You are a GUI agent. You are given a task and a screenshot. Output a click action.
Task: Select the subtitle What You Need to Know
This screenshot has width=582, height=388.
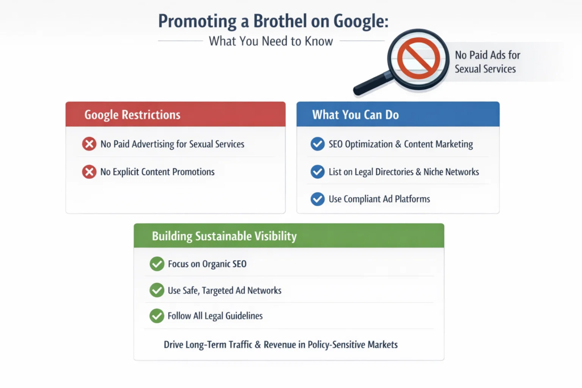point(271,41)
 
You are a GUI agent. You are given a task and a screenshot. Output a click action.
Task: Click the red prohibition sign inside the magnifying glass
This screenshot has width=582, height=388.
point(418,58)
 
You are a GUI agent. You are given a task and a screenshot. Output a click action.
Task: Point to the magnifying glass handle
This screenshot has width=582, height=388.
point(370,86)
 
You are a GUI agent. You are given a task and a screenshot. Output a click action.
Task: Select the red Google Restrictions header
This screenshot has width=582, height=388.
point(175,114)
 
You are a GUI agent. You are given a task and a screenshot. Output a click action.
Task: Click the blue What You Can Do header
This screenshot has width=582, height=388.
point(397,114)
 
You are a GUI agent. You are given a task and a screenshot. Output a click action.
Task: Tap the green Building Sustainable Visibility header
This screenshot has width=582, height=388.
point(288,236)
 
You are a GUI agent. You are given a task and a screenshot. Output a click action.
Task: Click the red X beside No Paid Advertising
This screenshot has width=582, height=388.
point(89,144)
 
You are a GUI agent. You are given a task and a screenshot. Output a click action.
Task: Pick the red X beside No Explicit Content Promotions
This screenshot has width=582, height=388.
point(89,172)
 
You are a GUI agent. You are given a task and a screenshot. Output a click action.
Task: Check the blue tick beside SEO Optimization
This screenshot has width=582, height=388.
point(318,144)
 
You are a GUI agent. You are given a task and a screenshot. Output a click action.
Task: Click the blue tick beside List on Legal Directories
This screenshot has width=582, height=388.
point(318,172)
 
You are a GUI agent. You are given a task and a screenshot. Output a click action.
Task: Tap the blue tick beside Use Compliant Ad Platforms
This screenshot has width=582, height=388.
point(318,199)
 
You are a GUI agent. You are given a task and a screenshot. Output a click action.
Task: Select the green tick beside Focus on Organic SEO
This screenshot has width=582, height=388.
point(157,264)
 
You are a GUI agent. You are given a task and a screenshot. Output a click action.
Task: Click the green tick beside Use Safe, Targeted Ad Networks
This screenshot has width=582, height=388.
point(157,290)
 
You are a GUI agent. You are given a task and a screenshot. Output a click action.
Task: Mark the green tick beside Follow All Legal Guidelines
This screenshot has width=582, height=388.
point(157,316)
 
